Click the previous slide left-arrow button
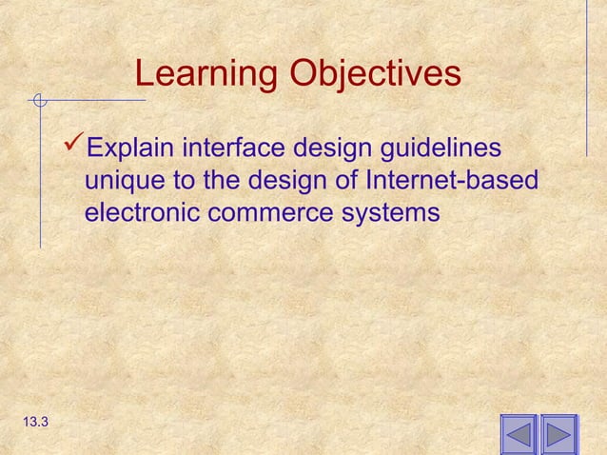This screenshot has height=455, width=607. tap(519, 434)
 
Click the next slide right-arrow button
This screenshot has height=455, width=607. tap(559, 434)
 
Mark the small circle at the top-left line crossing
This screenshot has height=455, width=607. tap(39, 99)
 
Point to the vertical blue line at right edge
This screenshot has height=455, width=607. tap(586, 76)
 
